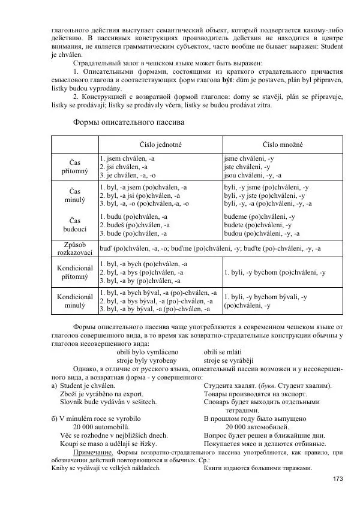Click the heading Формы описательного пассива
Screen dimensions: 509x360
(x=128, y=122)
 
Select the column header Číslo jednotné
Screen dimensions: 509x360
(x=160, y=145)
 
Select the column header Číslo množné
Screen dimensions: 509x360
(x=283, y=145)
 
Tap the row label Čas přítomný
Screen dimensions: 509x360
(x=75, y=167)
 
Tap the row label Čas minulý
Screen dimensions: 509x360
(x=75, y=195)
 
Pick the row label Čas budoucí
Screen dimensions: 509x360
(x=75, y=225)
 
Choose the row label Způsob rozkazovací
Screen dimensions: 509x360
(x=75, y=249)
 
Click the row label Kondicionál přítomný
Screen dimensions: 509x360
(x=75, y=273)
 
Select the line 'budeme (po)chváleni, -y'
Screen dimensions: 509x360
(x=259, y=216)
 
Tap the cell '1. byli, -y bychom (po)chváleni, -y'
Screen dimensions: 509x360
(x=274, y=273)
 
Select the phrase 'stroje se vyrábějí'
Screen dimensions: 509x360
(x=229, y=361)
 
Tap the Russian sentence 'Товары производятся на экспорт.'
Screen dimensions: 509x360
(x=255, y=394)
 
